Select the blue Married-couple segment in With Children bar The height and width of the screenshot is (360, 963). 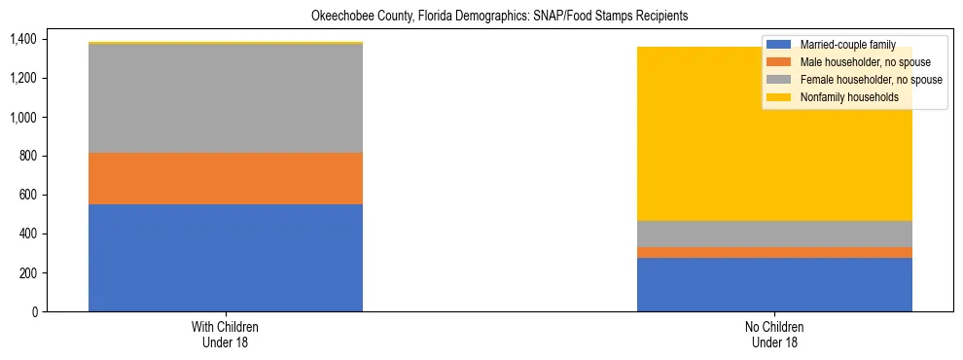coord(226,258)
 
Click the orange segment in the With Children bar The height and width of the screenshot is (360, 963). coord(226,178)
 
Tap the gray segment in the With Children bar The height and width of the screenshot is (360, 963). coord(226,98)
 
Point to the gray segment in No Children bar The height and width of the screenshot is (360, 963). coord(774,234)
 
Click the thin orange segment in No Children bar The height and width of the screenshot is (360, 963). coord(774,252)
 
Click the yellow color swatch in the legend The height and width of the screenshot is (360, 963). coord(779,97)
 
